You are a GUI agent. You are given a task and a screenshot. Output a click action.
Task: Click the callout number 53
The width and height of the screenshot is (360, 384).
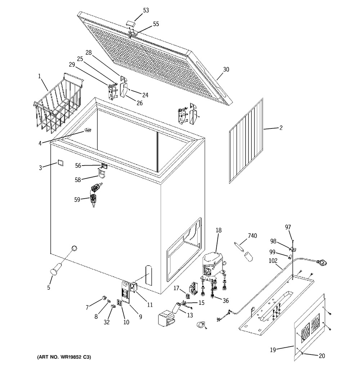tap(146, 10)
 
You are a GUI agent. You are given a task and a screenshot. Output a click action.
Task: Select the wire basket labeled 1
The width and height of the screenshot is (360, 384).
tap(58, 103)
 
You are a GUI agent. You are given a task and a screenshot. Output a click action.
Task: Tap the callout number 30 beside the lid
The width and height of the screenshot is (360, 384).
tap(226, 69)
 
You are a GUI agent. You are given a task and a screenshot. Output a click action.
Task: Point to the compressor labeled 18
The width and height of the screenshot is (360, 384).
tap(213, 266)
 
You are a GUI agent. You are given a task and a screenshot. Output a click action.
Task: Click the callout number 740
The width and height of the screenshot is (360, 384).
tap(252, 236)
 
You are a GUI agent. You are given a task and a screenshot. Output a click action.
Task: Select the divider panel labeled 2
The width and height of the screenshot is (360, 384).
tap(246, 141)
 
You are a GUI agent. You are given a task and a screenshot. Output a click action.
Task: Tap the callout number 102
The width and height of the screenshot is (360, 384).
tap(273, 261)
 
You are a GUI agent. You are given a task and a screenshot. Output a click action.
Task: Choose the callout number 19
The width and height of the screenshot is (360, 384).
tap(273, 350)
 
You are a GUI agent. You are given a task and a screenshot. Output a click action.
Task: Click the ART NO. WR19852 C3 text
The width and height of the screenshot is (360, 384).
tap(64, 357)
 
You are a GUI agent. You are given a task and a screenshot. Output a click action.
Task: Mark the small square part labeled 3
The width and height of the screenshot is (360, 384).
tap(60, 163)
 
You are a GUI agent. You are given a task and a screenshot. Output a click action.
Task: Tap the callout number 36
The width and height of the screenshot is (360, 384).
tap(226, 301)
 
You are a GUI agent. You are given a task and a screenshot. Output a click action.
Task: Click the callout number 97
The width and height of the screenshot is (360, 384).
tap(288, 227)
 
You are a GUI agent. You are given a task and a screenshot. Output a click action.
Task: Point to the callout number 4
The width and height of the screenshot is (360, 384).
tap(40, 143)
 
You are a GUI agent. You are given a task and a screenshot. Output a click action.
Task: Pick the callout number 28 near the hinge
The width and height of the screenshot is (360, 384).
tap(89, 53)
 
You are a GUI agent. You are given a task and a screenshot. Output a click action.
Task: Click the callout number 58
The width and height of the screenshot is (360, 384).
tap(78, 180)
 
